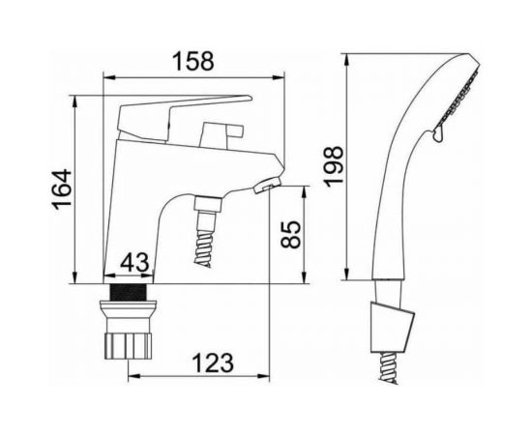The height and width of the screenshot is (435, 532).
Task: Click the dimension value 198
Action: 334,167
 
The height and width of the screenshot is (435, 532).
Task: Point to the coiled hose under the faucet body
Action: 207,237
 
